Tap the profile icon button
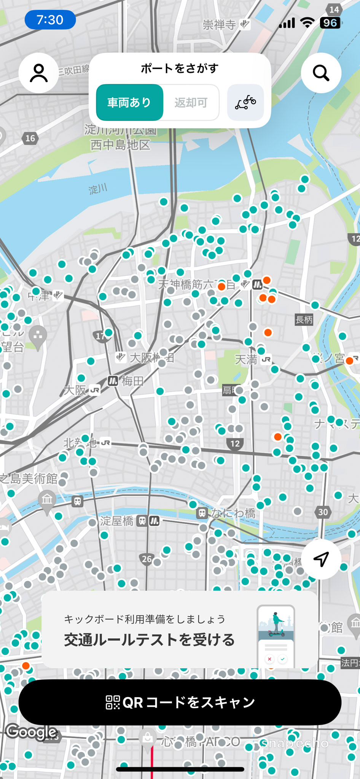coord(38,73)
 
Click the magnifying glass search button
coord(321,73)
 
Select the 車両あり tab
coord(129,102)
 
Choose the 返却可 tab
coord(191,102)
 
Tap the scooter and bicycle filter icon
coord(245,102)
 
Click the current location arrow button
coord(321,559)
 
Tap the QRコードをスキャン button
coord(180,702)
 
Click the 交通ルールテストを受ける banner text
coord(149,640)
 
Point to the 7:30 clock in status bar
coord(50,20)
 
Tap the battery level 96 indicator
coord(330,23)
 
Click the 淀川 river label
coord(98,189)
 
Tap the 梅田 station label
coord(132,381)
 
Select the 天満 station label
coord(246,359)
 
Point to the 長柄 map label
coord(304,320)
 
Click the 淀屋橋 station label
coord(117,521)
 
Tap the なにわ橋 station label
coord(233,513)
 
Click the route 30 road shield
coord(323,512)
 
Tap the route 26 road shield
coord(147,559)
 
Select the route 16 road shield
coord(30,138)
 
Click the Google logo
coord(32,731)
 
